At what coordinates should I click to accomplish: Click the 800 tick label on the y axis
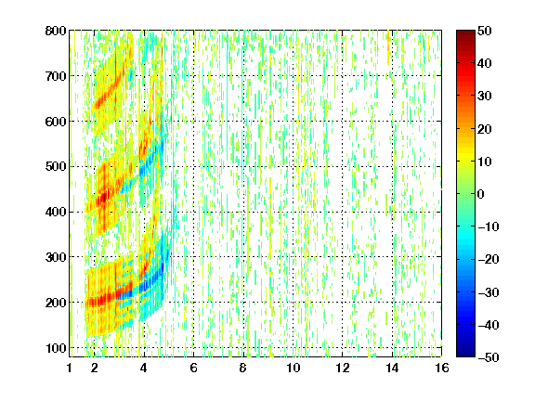pyautogui.click(x=56, y=31)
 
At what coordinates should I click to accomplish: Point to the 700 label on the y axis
pyautogui.click(x=56, y=76)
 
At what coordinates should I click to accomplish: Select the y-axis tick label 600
pyautogui.click(x=56, y=122)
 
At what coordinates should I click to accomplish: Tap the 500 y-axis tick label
pyautogui.click(x=56, y=167)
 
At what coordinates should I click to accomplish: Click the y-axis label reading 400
pyautogui.click(x=56, y=212)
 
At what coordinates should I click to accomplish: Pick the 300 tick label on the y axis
pyautogui.click(x=56, y=257)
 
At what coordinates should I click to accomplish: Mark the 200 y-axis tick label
pyautogui.click(x=56, y=303)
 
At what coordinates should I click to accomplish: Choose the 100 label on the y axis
pyautogui.click(x=56, y=348)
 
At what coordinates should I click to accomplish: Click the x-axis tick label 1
pyautogui.click(x=70, y=368)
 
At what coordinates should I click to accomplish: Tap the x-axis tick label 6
pyautogui.click(x=193, y=368)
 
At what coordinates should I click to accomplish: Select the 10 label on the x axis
pyautogui.click(x=294, y=368)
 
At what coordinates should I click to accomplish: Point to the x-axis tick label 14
pyautogui.click(x=392, y=368)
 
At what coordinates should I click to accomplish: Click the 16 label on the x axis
pyautogui.click(x=442, y=368)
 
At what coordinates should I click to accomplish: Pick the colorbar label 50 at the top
pyautogui.click(x=484, y=31)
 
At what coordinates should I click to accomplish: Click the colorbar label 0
pyautogui.click(x=481, y=194)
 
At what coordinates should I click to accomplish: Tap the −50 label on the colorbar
pyautogui.click(x=489, y=357)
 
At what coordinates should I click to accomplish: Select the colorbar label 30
pyautogui.click(x=484, y=97)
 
